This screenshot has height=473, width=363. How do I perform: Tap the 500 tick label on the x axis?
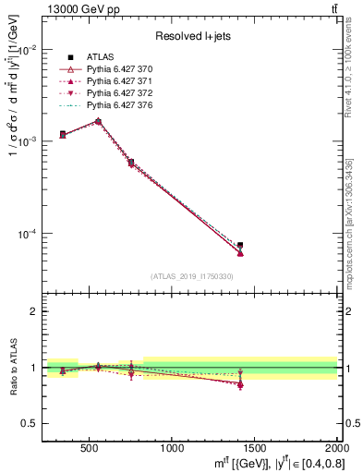coord(90,448)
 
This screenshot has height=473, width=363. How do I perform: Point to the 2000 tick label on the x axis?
coord(334,448)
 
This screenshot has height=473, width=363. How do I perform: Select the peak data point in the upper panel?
coord(98,121)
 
